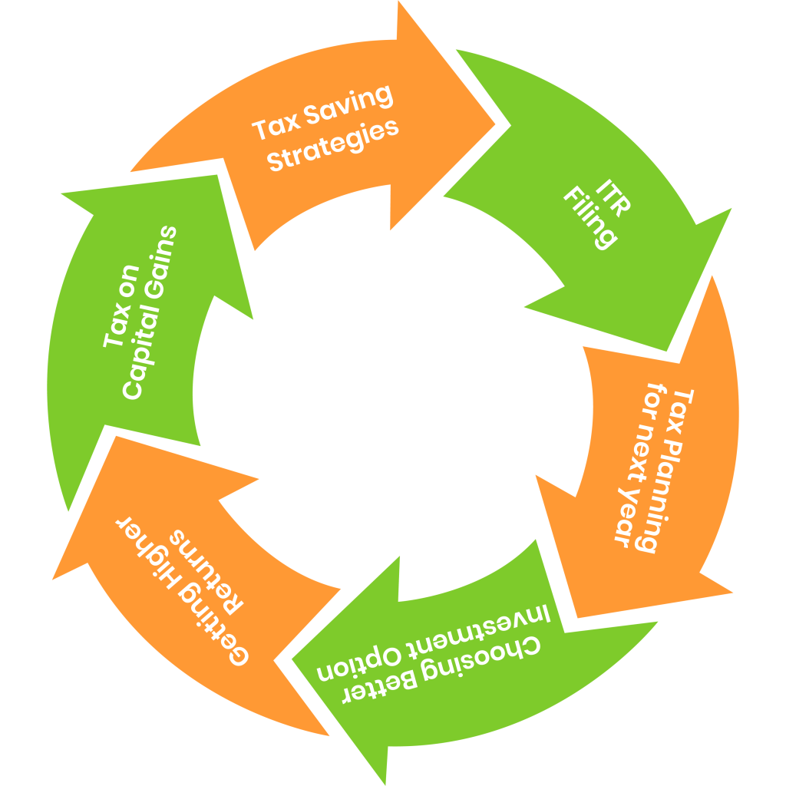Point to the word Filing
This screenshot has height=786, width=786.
(x=591, y=219)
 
